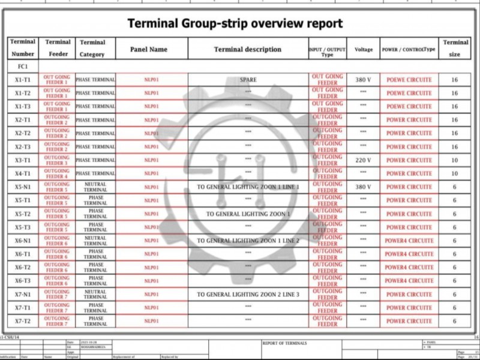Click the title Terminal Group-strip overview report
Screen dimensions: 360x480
pyautogui.click(x=235, y=23)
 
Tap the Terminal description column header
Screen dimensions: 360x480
pyautogui.click(x=247, y=49)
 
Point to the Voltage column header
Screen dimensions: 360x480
pyautogui.click(x=363, y=49)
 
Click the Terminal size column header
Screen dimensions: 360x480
pyautogui.click(x=455, y=49)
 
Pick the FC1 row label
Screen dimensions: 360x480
pyautogui.click(x=23, y=67)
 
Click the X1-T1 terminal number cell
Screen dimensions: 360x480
pyautogui.click(x=23, y=80)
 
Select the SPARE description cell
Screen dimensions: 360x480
pyautogui.click(x=247, y=80)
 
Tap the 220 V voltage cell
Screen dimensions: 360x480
pyautogui.click(x=363, y=160)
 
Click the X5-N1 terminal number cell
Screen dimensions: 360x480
pyautogui.click(x=23, y=187)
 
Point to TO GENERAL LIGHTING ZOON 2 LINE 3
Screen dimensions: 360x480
pyautogui.click(x=247, y=295)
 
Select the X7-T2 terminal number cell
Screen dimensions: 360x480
pyautogui.click(x=23, y=321)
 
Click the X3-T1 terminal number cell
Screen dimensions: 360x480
pyautogui.click(x=23, y=160)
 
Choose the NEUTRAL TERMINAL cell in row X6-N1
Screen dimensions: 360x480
pyautogui.click(x=95, y=241)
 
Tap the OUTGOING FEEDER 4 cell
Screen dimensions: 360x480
pyautogui.click(x=57, y=173)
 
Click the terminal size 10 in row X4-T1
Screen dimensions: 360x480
pyautogui.click(x=455, y=173)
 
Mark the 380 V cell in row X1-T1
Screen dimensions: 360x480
pyautogui.click(x=363, y=80)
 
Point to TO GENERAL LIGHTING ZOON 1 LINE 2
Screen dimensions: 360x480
pyautogui.click(x=247, y=241)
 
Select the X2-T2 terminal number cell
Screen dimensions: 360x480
pyautogui.click(x=23, y=133)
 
